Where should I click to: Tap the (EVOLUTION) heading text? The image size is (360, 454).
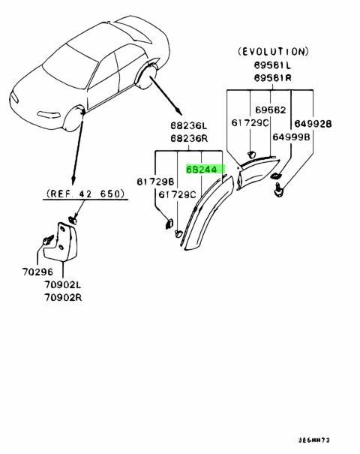(273, 52)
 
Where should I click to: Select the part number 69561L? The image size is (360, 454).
(272, 65)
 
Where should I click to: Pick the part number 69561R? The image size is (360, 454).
(272, 78)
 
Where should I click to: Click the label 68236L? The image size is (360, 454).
(189, 126)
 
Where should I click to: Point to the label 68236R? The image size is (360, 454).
(189, 138)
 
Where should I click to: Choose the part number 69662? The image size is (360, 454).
(270, 110)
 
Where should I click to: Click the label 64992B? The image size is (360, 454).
(313, 124)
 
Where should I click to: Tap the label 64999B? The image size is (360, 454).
(291, 137)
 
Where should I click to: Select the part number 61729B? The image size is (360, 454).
(155, 182)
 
